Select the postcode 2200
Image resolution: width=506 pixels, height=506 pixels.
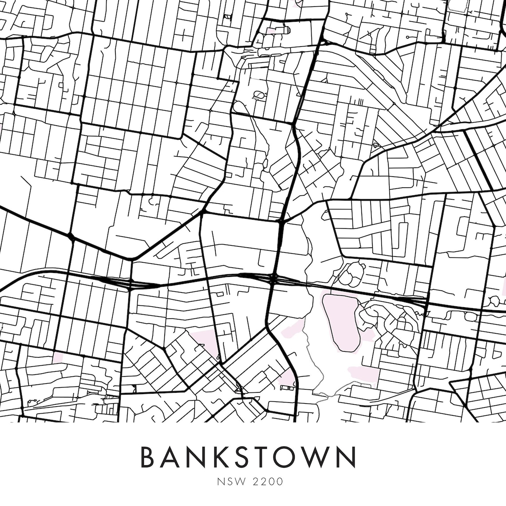269,482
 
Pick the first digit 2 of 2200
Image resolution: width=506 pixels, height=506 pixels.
258,482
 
